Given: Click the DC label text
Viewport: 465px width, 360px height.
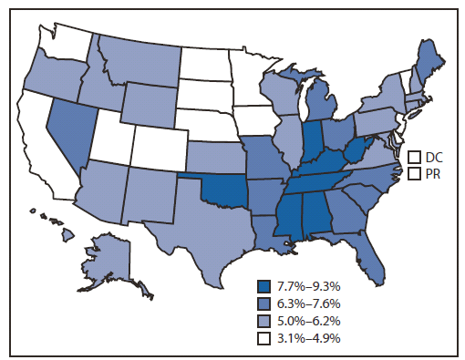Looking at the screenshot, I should pyautogui.click(x=434, y=158).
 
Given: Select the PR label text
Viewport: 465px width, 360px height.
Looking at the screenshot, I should pyautogui.click(x=433, y=173).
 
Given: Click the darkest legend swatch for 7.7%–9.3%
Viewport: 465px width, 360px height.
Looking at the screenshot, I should pyautogui.click(x=263, y=284).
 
